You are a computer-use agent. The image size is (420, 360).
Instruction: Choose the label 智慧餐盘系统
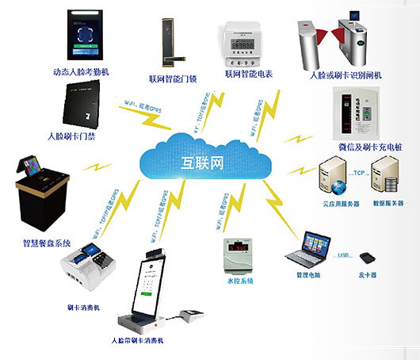tap(47, 242)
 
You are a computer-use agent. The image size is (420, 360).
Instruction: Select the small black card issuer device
tap(367, 259)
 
